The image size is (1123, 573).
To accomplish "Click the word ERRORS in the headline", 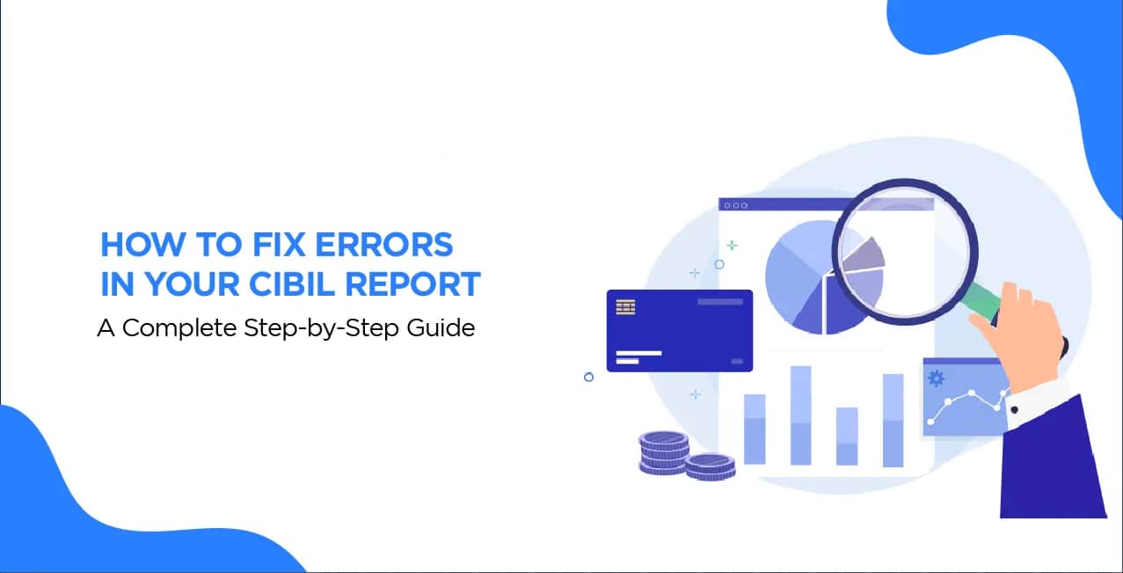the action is [384, 245].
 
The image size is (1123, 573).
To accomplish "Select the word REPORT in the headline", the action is [413, 284].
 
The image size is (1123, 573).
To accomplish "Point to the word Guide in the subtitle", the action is [441, 328].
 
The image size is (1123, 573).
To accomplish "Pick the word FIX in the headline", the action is [279, 245].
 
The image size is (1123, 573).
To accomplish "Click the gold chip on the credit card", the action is [625, 306].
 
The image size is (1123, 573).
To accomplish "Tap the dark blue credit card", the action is [679, 331].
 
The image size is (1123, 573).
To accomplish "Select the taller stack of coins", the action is [663, 452].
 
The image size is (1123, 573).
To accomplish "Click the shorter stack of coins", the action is [710, 466].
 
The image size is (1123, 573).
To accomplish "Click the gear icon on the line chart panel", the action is [936, 378].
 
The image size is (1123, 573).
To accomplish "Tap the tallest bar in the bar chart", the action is [800, 415].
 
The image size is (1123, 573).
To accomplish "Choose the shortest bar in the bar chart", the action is [847, 436].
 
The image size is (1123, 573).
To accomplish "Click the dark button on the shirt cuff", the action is [1014, 410].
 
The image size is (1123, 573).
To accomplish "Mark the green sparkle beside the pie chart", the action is [732, 246].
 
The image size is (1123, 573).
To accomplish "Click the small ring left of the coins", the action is [588, 377].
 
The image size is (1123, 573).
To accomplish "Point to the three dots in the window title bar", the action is [735, 206].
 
